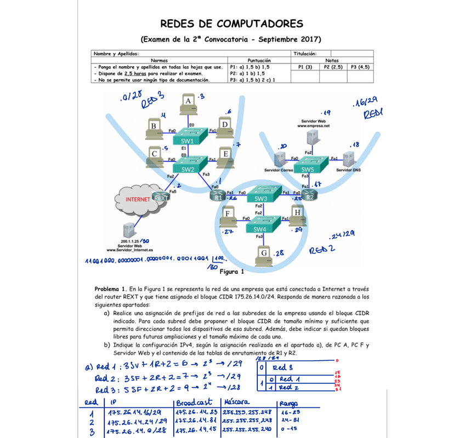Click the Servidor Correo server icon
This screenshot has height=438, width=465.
280,159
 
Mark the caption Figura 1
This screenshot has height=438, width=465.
231,271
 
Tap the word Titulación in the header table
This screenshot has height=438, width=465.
305,54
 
